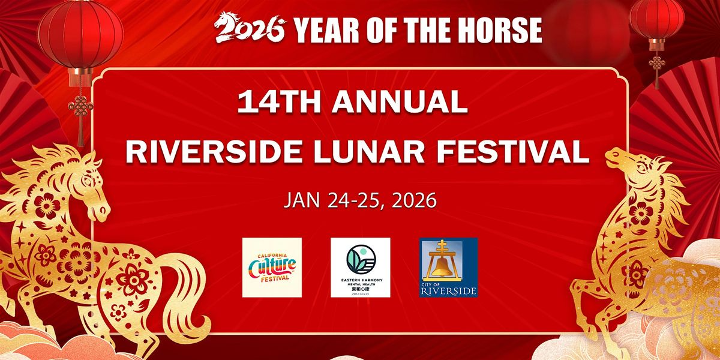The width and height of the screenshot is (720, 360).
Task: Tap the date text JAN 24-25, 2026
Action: tap(360, 200)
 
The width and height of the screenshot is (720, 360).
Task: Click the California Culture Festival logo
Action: tap(272, 267)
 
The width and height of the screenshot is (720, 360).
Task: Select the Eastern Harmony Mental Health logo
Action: tap(360, 267)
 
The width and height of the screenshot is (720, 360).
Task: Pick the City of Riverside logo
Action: tap(448, 267)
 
